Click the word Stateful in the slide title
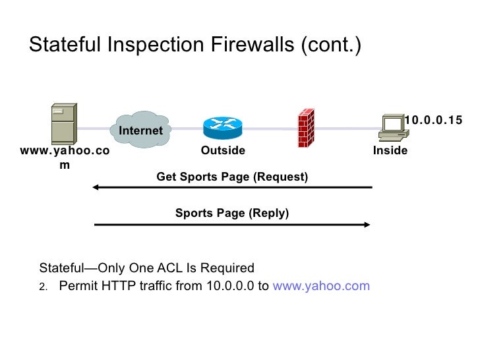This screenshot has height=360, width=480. coord(62,46)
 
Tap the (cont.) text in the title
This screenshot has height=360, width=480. coord(330,46)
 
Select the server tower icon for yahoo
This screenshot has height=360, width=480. coord(63,125)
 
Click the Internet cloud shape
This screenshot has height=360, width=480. coord(140,129)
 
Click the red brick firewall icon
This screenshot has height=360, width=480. coord(305,127)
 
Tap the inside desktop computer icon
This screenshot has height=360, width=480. coord(394,127)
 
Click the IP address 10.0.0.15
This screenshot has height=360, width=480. coord(433,120)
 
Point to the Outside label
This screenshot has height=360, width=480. coord(223,151)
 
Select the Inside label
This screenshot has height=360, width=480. coord(390,151)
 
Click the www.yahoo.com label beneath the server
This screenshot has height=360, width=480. coord(65,158)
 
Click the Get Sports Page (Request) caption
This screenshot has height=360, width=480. coord(232,177)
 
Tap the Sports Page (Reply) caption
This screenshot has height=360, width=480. coord(232,213)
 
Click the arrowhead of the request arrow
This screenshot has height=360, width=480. coord(96,188)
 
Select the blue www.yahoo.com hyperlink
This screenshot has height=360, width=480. coord(321,286)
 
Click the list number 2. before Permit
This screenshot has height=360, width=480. coord(44,287)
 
